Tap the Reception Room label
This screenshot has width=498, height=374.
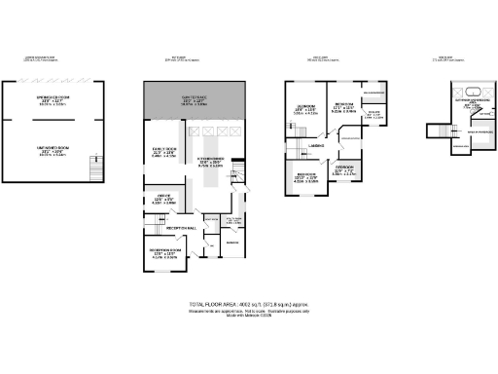click(x=162, y=253)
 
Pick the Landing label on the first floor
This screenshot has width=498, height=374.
click(x=315, y=146)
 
